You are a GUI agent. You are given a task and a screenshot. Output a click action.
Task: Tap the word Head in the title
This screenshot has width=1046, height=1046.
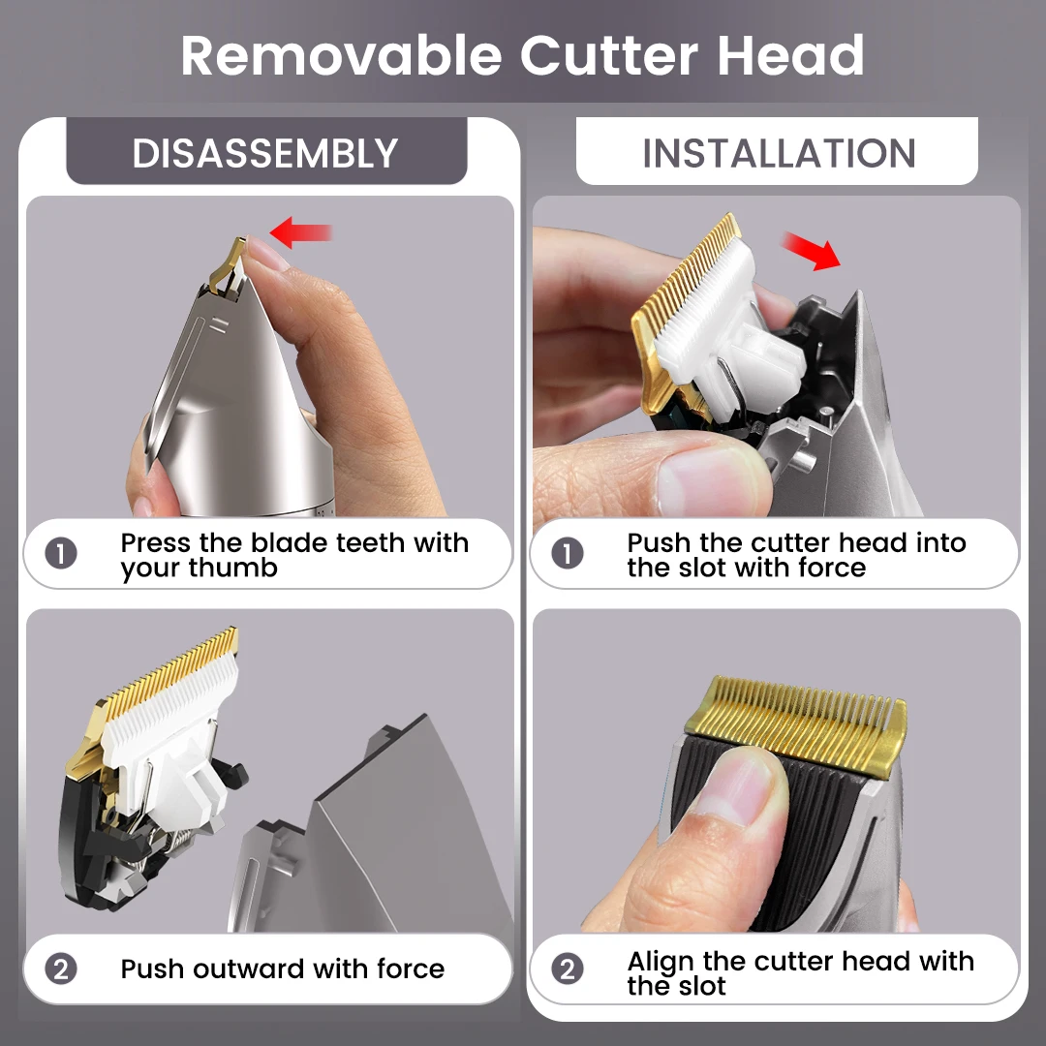[790, 56]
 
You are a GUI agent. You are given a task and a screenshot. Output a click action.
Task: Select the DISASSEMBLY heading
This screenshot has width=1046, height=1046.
[265, 154]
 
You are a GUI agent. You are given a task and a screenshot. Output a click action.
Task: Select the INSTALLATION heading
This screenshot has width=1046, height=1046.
[779, 154]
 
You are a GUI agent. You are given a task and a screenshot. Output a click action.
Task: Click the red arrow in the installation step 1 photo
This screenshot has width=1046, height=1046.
[812, 251]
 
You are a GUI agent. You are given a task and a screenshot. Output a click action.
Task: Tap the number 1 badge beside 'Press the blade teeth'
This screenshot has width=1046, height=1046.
[61, 555]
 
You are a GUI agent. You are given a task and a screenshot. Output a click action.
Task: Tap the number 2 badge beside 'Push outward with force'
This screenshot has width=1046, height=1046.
[61, 969]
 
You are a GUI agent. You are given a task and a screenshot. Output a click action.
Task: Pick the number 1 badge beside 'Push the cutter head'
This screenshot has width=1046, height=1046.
[568, 555]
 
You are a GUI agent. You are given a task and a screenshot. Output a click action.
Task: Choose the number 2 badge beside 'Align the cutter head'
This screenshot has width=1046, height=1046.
[568, 969]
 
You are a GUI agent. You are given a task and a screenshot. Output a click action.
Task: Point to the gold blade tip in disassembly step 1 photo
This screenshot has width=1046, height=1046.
[230, 261]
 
